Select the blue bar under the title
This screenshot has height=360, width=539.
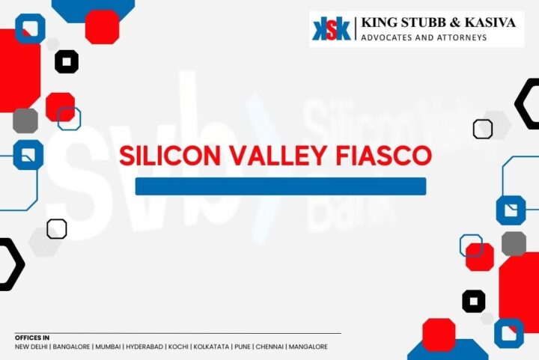pyautogui.click(x=280, y=186)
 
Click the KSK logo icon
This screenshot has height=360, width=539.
pyautogui.click(x=332, y=29)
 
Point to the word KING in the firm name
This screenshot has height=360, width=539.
pyautogui.click(x=378, y=22)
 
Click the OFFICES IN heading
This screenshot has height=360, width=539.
pyautogui.click(x=32, y=338)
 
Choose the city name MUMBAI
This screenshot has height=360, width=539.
pyautogui.click(x=108, y=347)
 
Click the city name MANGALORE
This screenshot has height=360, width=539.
pyautogui.click(x=308, y=347)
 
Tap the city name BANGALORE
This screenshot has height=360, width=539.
pyautogui.click(x=72, y=347)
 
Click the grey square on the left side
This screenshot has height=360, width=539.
pyautogui.click(x=25, y=120)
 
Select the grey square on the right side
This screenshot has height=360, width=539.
pyautogui.click(x=514, y=243)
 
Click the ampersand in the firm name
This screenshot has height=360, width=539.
pyautogui.click(x=454, y=22)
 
